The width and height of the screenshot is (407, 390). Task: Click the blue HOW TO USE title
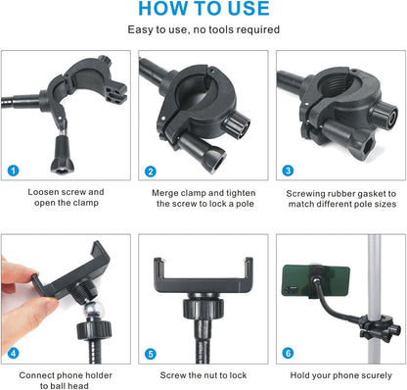(203, 9)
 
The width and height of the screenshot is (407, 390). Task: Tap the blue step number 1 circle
(14, 171)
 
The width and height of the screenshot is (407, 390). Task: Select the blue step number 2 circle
(151, 171)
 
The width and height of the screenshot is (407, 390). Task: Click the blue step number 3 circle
(288, 171)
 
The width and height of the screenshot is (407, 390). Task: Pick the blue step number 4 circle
(14, 353)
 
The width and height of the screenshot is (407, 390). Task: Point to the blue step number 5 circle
(151, 354)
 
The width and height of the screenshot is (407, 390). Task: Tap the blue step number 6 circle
(288, 353)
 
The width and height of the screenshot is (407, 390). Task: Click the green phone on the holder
(316, 280)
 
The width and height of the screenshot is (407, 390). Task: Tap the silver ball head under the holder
(94, 310)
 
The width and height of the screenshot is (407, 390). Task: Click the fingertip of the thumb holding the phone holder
(51, 305)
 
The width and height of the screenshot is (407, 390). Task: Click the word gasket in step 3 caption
(370, 194)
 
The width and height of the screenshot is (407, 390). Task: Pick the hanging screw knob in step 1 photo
(63, 155)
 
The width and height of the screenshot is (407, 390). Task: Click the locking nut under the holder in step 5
(203, 309)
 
